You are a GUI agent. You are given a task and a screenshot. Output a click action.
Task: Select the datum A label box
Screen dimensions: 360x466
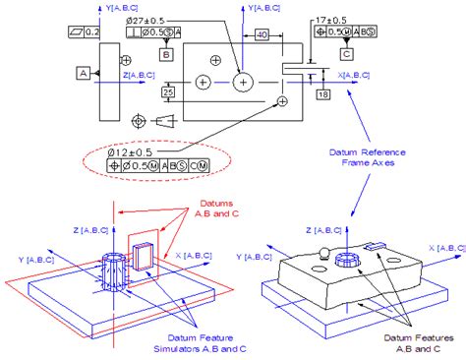pyautogui.click(x=83, y=73)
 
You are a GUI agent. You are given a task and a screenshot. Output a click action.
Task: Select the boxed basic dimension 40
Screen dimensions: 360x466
pyautogui.click(x=261, y=34)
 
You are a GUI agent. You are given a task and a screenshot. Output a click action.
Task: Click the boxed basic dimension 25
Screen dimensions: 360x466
pyautogui.click(x=168, y=91)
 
